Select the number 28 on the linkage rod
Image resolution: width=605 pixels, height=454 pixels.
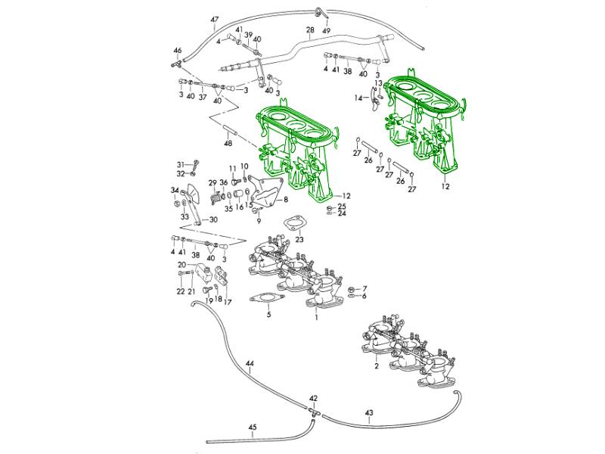pyautogui.click(x=309, y=30)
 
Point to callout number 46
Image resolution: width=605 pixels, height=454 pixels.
pyautogui.click(x=178, y=51)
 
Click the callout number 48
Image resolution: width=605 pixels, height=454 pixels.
pyautogui.click(x=228, y=143)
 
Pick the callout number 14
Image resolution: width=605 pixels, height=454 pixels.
pyautogui.click(x=358, y=98)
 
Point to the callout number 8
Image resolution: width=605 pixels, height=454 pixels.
pyautogui.click(x=286, y=200)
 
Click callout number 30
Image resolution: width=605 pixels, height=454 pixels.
pyautogui.click(x=213, y=219)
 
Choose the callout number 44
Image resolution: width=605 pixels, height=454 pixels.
pyautogui.click(x=250, y=364)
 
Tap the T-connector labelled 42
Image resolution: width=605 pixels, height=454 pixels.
pyautogui.click(x=312, y=409)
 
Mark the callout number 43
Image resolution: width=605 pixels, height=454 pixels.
pyautogui.click(x=369, y=413)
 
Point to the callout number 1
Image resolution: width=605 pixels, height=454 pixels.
pyautogui.click(x=316, y=316)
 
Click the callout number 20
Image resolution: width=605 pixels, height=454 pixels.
pyautogui.click(x=181, y=264)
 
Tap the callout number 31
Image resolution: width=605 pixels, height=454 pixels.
pyautogui.click(x=181, y=163)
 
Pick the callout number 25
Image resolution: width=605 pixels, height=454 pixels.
pyautogui.click(x=342, y=206)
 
